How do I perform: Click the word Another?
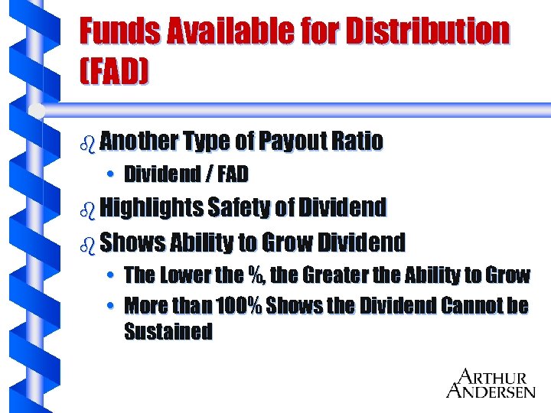click(138, 141)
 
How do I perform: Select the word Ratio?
click(358, 141)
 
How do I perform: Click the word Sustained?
click(168, 332)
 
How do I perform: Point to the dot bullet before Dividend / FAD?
click(111, 175)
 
